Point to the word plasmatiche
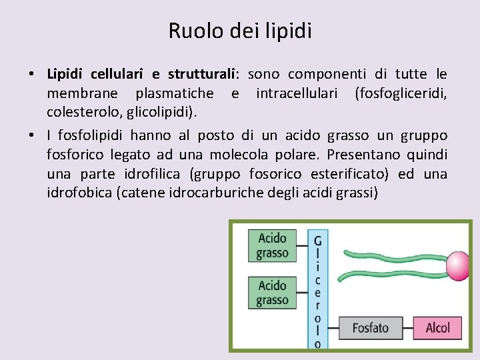click(x=175, y=93)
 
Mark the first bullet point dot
click(x=32, y=74)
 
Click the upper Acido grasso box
click(x=272, y=245)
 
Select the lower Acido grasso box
click(x=272, y=293)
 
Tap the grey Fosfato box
click(x=371, y=328)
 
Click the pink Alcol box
click(x=437, y=328)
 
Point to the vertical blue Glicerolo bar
click(x=317, y=290)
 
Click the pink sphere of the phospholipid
click(x=458, y=265)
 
